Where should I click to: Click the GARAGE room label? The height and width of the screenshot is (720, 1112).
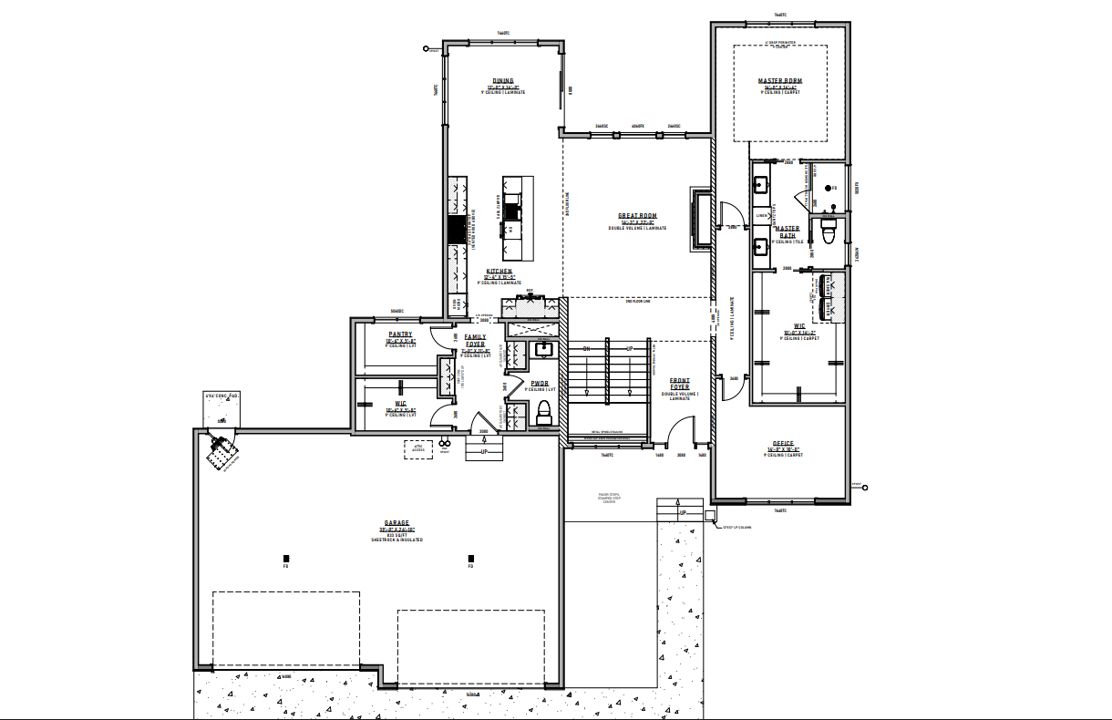pos(396,523)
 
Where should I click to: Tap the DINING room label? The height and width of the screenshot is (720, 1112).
pos(503,80)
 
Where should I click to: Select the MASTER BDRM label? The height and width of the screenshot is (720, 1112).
pos(780,80)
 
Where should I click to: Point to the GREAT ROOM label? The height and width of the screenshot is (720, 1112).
pos(638,216)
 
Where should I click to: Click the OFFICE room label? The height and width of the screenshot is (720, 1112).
pos(783,443)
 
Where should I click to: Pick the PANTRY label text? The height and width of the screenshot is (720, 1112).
pos(400,334)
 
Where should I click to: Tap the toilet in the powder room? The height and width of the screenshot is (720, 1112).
pos(545,407)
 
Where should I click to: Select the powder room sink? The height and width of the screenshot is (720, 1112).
pos(544,349)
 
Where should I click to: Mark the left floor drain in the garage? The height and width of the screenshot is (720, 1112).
pos(286,558)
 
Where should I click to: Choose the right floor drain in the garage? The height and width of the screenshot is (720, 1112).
pos(471,558)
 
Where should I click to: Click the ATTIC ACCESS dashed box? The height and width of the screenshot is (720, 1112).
pos(418,449)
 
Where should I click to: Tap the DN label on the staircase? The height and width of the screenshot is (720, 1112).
pos(587,348)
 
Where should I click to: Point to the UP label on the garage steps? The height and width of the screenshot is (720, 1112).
pos(484,451)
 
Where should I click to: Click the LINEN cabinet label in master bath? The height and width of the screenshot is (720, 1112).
pos(762,216)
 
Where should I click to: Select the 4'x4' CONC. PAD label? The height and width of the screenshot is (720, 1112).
pos(221,396)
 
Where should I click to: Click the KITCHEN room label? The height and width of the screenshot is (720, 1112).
pos(499,272)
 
